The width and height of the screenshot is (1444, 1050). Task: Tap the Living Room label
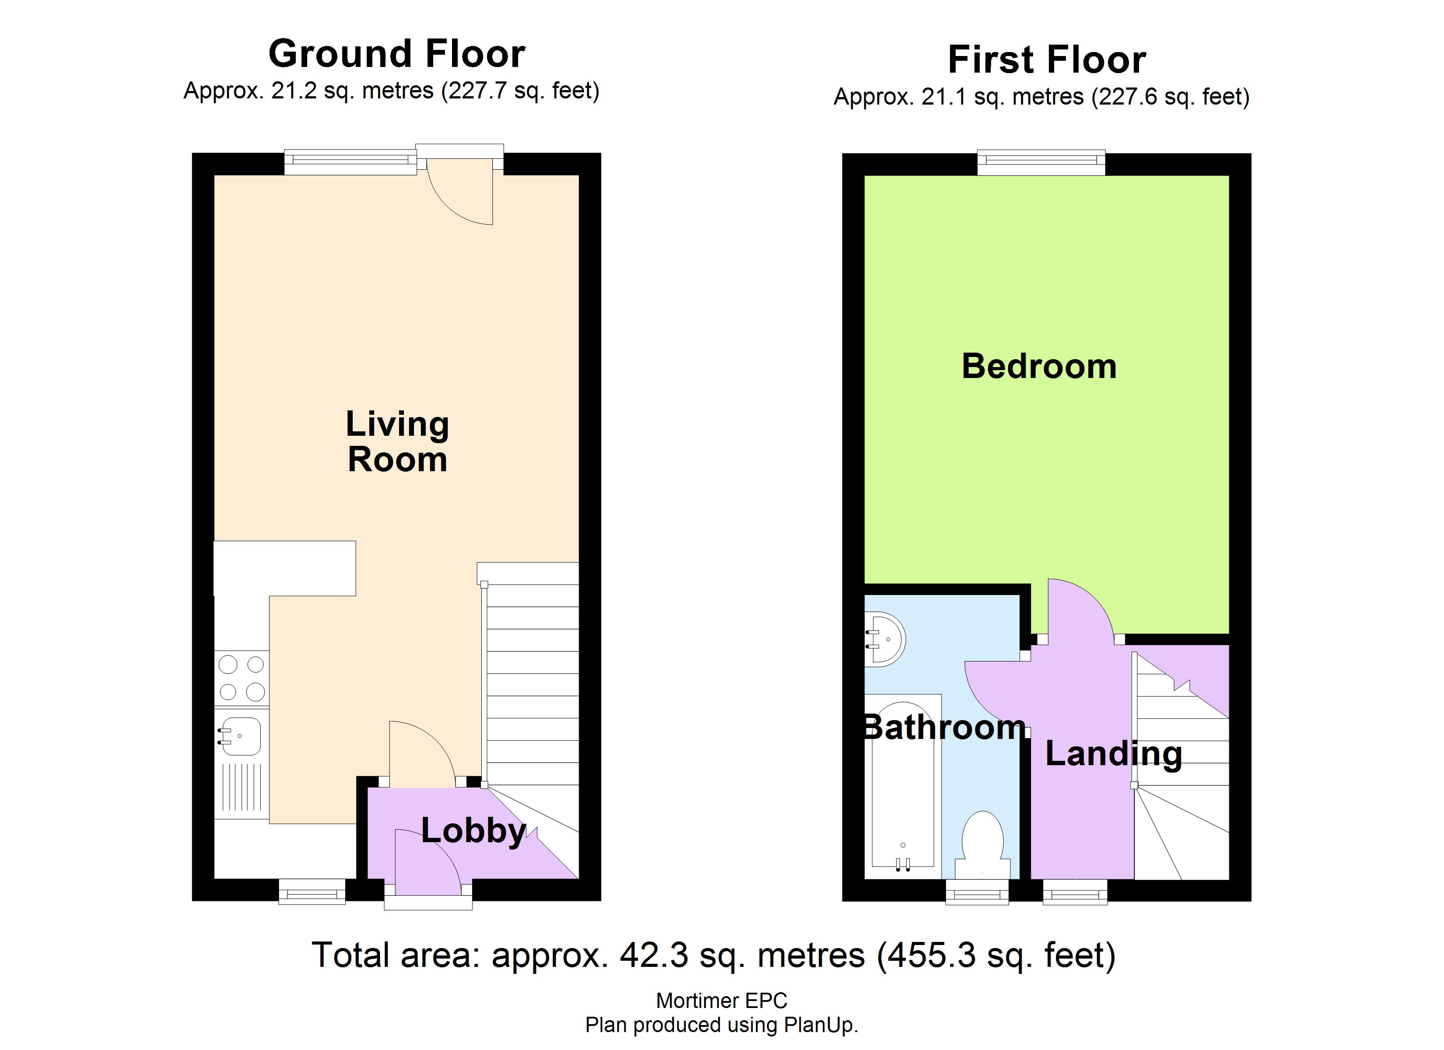pyautogui.click(x=397, y=441)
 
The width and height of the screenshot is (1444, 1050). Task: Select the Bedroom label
pyautogui.click(x=1039, y=366)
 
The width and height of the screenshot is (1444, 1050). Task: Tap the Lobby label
pyautogui.click(x=474, y=831)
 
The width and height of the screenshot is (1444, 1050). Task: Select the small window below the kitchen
pyautogui.click(x=312, y=892)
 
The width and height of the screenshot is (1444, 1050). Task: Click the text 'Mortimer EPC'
pyautogui.click(x=722, y=1000)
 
